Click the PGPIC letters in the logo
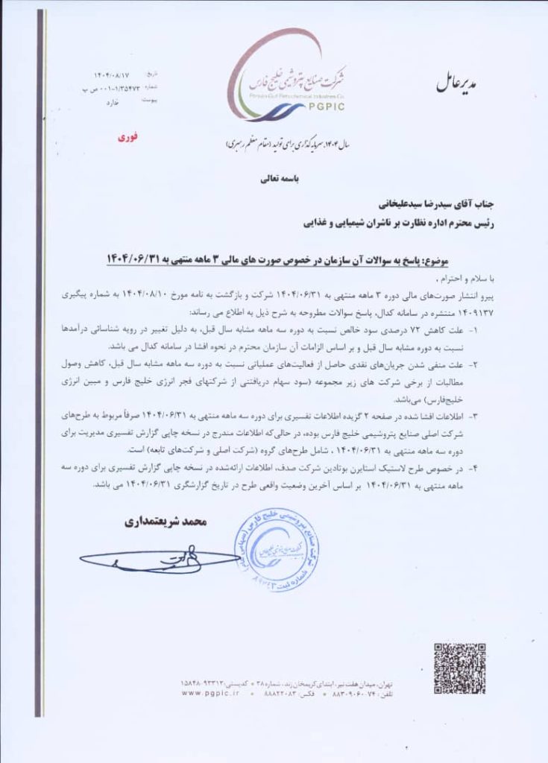coord(323,107)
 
